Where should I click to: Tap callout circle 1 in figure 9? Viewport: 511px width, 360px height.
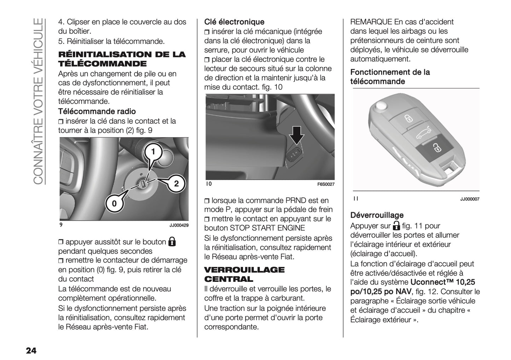point(153,152)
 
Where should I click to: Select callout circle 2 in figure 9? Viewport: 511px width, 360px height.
point(176,184)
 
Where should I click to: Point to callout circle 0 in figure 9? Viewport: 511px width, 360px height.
point(114,204)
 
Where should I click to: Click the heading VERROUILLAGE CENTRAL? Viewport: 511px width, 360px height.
point(244,274)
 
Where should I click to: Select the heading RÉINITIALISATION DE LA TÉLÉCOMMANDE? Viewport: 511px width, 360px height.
point(122,59)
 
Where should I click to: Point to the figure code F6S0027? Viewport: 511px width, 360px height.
point(325,184)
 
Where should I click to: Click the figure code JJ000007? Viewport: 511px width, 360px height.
point(469,199)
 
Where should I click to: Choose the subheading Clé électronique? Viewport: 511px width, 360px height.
point(234,22)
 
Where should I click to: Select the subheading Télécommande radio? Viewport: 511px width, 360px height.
point(97,111)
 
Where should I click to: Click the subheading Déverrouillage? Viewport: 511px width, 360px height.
point(377,215)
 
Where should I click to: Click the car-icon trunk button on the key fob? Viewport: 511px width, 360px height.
point(422,134)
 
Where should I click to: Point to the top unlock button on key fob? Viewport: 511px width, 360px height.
point(408,118)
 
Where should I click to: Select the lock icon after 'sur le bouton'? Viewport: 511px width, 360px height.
point(172,242)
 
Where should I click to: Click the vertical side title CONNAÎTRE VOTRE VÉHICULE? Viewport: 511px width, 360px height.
point(38,101)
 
